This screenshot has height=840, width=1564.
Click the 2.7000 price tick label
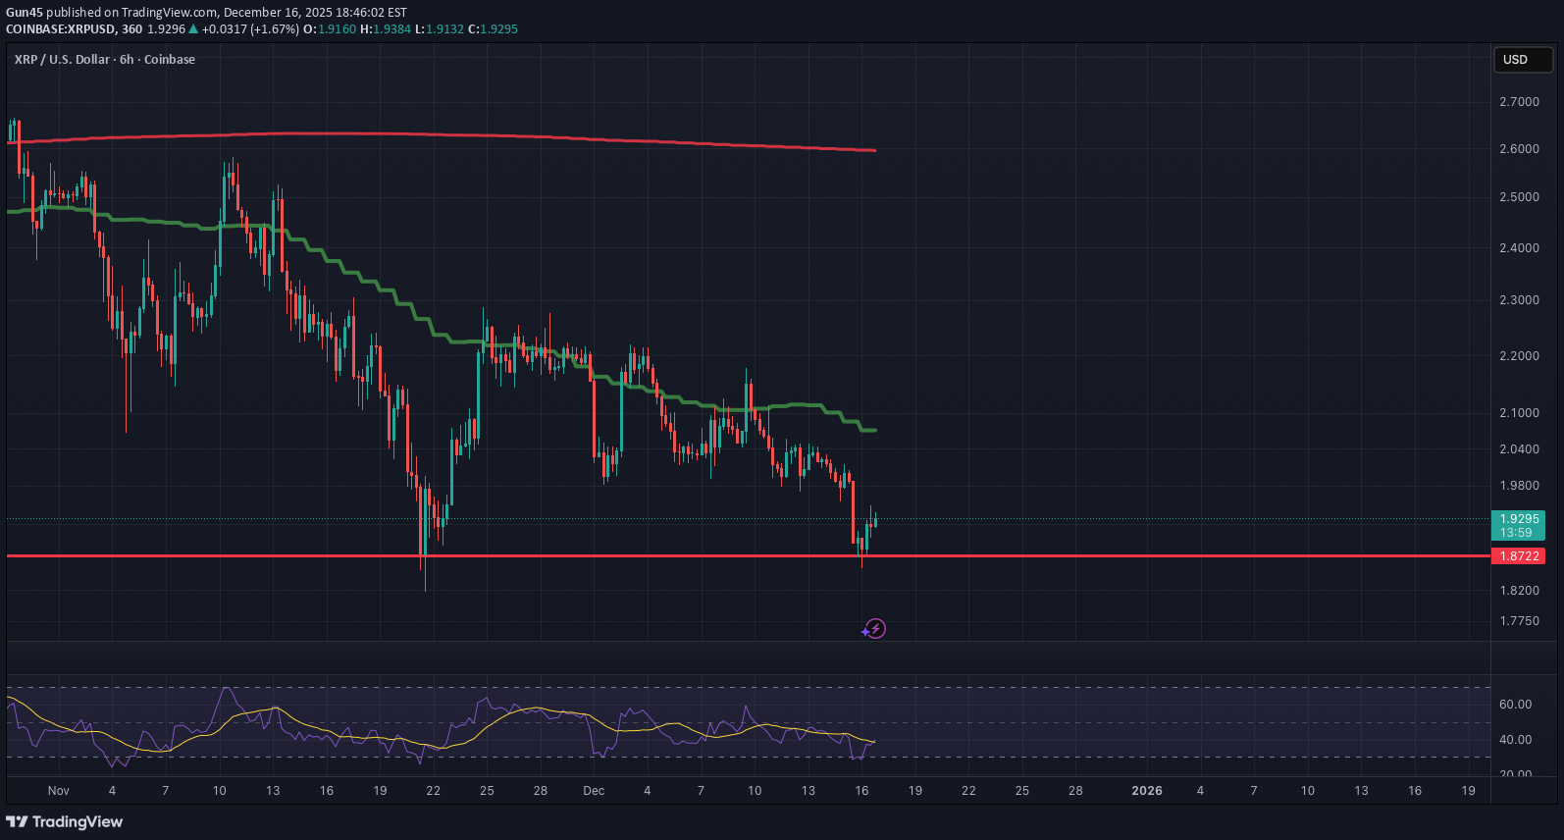(1519, 102)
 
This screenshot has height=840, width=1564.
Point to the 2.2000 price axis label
(1519, 356)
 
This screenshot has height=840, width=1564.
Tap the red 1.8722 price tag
(1518, 556)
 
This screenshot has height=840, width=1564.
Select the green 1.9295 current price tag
(1518, 525)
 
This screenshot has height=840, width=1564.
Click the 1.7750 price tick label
(1519, 621)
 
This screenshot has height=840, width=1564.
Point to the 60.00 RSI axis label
(1515, 705)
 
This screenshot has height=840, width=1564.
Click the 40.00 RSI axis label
(1515, 740)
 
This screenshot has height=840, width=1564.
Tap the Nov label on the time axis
(59, 791)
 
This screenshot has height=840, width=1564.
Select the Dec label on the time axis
(594, 791)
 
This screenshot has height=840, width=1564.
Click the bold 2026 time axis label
(1147, 791)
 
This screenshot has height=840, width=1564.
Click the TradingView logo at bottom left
(65, 821)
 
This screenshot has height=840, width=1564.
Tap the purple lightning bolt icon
(875, 629)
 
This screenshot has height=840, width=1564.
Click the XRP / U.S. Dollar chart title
(105, 60)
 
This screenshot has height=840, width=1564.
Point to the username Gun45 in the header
(25, 13)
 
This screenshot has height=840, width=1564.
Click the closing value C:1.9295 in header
(493, 29)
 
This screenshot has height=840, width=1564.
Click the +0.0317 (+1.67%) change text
(250, 29)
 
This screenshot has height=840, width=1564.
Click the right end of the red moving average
(874, 150)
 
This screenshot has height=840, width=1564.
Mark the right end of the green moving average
(874, 430)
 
